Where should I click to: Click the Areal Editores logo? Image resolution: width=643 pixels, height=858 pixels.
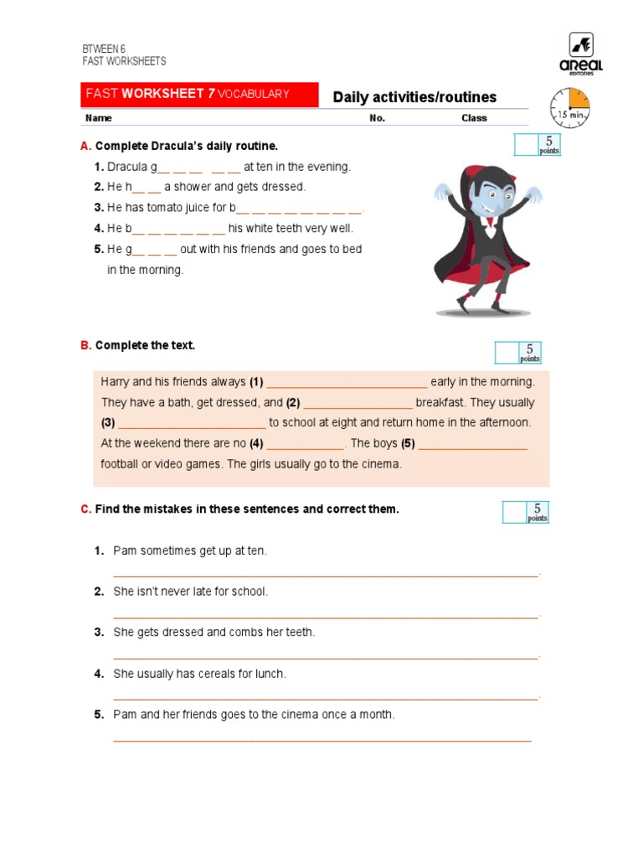(580, 53)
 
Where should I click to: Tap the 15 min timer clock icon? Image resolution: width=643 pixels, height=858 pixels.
(569, 108)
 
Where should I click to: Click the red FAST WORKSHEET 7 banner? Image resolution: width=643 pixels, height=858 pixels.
(199, 94)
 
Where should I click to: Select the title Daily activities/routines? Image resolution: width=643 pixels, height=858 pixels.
(414, 97)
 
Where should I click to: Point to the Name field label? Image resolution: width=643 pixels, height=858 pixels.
(98, 118)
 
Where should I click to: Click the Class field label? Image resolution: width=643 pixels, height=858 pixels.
(474, 118)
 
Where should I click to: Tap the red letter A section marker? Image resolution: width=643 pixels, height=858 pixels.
(85, 146)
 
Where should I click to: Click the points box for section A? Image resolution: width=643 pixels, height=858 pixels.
(538, 145)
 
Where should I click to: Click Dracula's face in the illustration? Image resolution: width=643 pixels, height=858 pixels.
(484, 201)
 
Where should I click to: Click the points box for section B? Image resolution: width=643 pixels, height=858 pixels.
(518, 353)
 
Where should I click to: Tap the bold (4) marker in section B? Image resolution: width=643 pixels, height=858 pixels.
(256, 443)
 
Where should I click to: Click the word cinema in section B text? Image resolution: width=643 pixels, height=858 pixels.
(383, 463)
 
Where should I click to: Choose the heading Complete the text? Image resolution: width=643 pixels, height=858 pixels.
(145, 345)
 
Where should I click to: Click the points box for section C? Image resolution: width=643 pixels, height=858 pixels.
(526, 512)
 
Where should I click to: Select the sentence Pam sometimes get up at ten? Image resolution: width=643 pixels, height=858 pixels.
(190, 550)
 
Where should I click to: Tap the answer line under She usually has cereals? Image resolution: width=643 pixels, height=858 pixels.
(326, 697)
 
